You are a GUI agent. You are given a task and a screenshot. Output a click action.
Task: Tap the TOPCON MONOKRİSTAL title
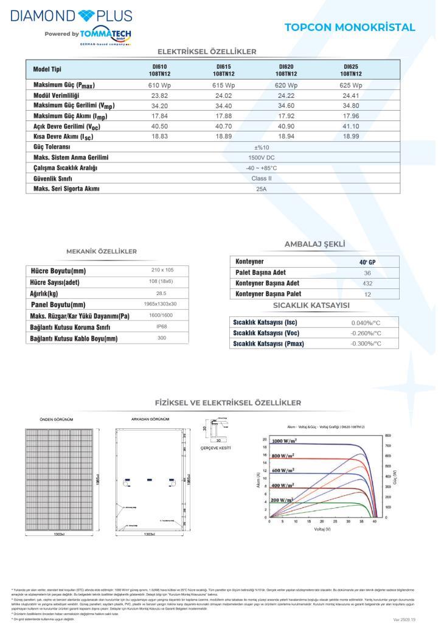[350, 27]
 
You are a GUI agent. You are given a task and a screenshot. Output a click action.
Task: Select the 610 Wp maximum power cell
[159, 85]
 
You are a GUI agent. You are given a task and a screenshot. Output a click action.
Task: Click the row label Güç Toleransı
[52, 147]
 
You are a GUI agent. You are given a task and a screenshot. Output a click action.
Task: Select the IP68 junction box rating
[162, 327]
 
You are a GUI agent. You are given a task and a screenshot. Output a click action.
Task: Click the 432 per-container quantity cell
[367, 284]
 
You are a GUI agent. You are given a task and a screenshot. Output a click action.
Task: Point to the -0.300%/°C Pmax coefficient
[366, 344]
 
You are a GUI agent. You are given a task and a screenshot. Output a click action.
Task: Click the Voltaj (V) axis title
[322, 529]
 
